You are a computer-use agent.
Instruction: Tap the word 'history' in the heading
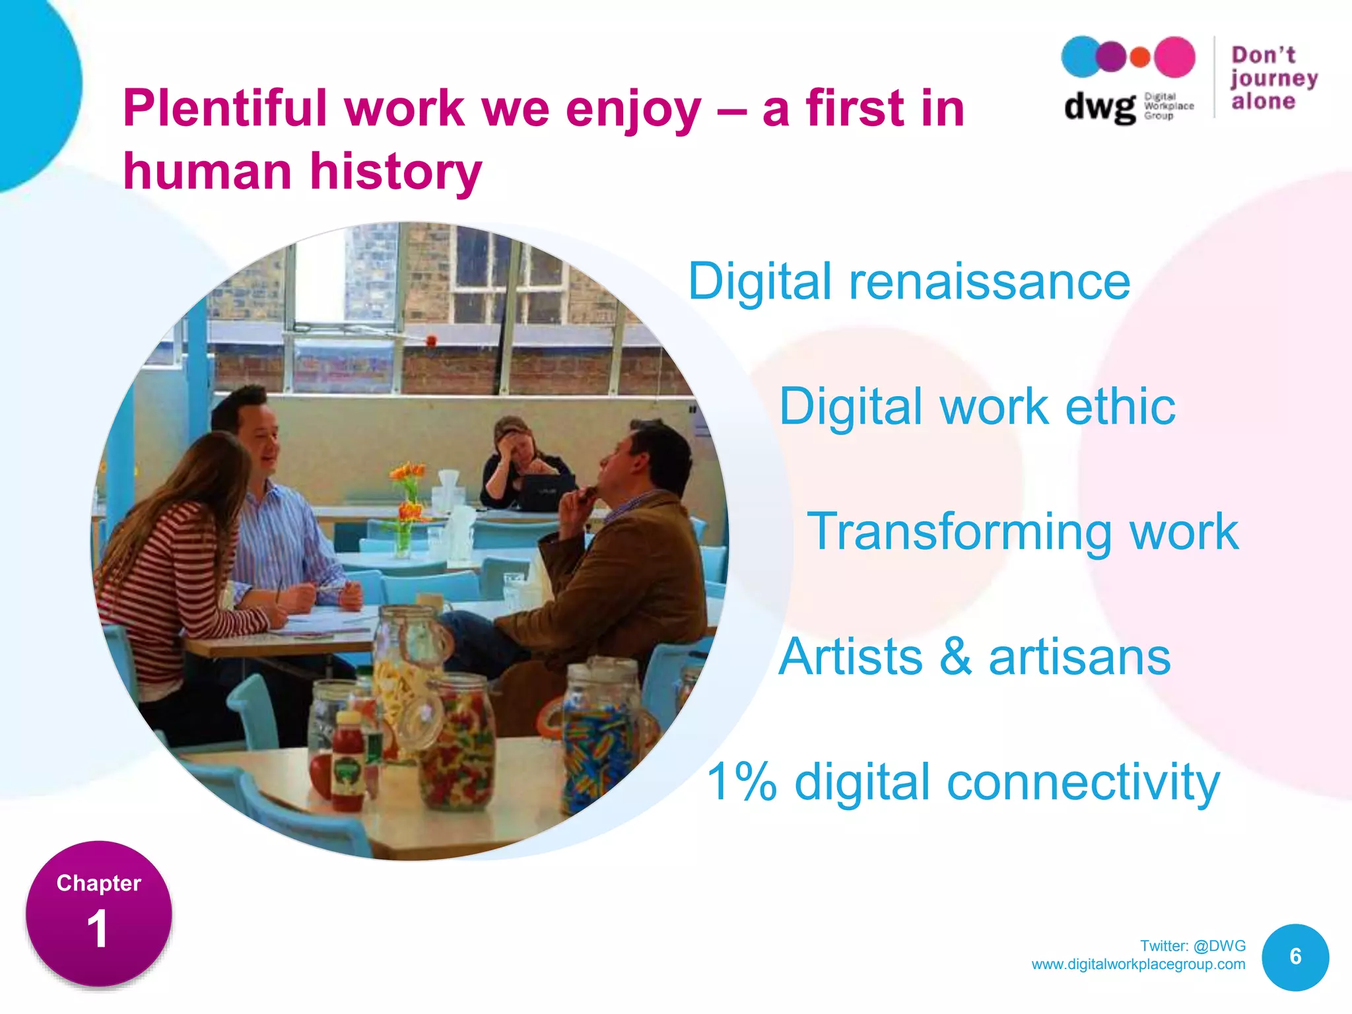(396, 172)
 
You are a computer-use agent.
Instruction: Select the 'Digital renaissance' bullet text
(909, 282)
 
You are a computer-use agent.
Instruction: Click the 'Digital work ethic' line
(977, 407)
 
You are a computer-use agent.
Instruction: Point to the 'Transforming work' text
(1023, 531)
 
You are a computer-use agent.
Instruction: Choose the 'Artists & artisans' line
(974, 657)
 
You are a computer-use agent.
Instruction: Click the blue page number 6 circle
(1295, 957)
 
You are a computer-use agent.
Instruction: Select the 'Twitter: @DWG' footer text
(1192, 945)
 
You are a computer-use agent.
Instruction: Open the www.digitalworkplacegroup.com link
(1138, 964)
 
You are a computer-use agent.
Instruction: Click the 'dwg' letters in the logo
(1099, 107)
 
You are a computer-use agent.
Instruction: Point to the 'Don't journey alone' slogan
(1273, 78)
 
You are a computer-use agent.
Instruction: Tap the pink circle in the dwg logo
(1174, 57)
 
